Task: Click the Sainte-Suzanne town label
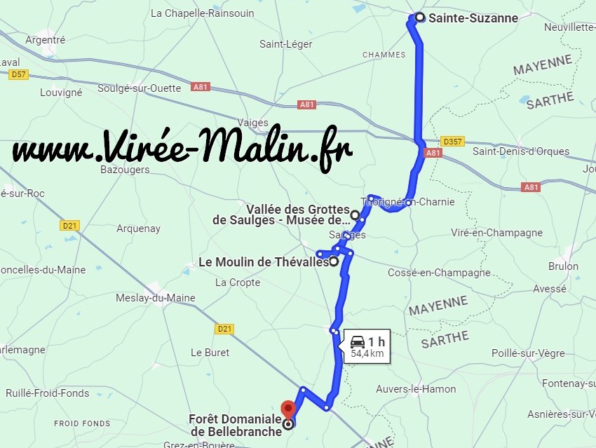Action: pyautogui.click(x=473, y=18)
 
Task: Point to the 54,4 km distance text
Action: pyautogui.click(x=367, y=354)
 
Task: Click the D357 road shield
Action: pyautogui.click(x=453, y=142)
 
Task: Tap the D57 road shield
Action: pyautogui.click(x=18, y=74)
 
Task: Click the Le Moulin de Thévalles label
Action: pyautogui.click(x=264, y=262)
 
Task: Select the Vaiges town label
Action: pyautogui.click(x=253, y=122)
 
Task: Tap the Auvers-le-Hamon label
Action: pyautogui.click(x=415, y=389)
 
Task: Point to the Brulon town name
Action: pyautogui.click(x=563, y=266)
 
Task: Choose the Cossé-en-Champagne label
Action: pyautogui.click(x=439, y=273)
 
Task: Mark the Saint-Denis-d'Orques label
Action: pyautogui.click(x=521, y=151)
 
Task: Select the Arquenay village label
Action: pyautogui.click(x=138, y=229)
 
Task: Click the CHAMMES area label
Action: pyautogui.click(x=384, y=55)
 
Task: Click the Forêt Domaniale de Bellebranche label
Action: pyautogui.click(x=235, y=426)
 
